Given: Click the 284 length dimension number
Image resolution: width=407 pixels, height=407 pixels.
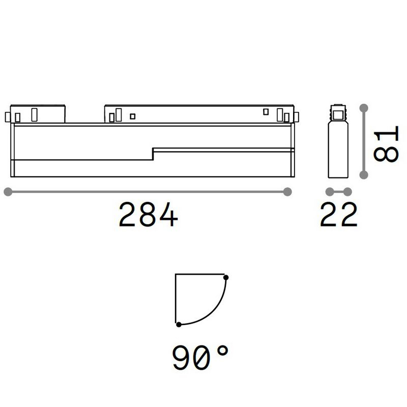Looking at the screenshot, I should click(148, 214).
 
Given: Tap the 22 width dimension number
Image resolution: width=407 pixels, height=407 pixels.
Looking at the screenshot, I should click(339, 214).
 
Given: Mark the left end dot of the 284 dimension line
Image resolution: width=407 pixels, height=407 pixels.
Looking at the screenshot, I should click(7, 192).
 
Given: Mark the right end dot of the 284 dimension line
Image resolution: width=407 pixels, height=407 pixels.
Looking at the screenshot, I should click(287, 192).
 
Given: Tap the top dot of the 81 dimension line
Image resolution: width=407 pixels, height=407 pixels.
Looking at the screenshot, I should click(363, 108).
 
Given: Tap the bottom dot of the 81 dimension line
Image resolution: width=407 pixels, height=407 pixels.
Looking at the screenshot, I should click(363, 175).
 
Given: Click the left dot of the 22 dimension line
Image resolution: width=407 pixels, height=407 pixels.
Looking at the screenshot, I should click(330, 192).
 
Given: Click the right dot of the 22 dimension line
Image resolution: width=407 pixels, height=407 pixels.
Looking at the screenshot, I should click(348, 192).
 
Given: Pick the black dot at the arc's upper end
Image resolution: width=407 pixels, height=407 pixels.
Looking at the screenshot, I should click(226, 277).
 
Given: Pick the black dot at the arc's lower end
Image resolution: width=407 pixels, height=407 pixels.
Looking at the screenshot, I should click(179, 324).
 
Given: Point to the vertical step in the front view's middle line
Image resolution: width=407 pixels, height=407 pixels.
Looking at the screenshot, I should click(153, 154).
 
